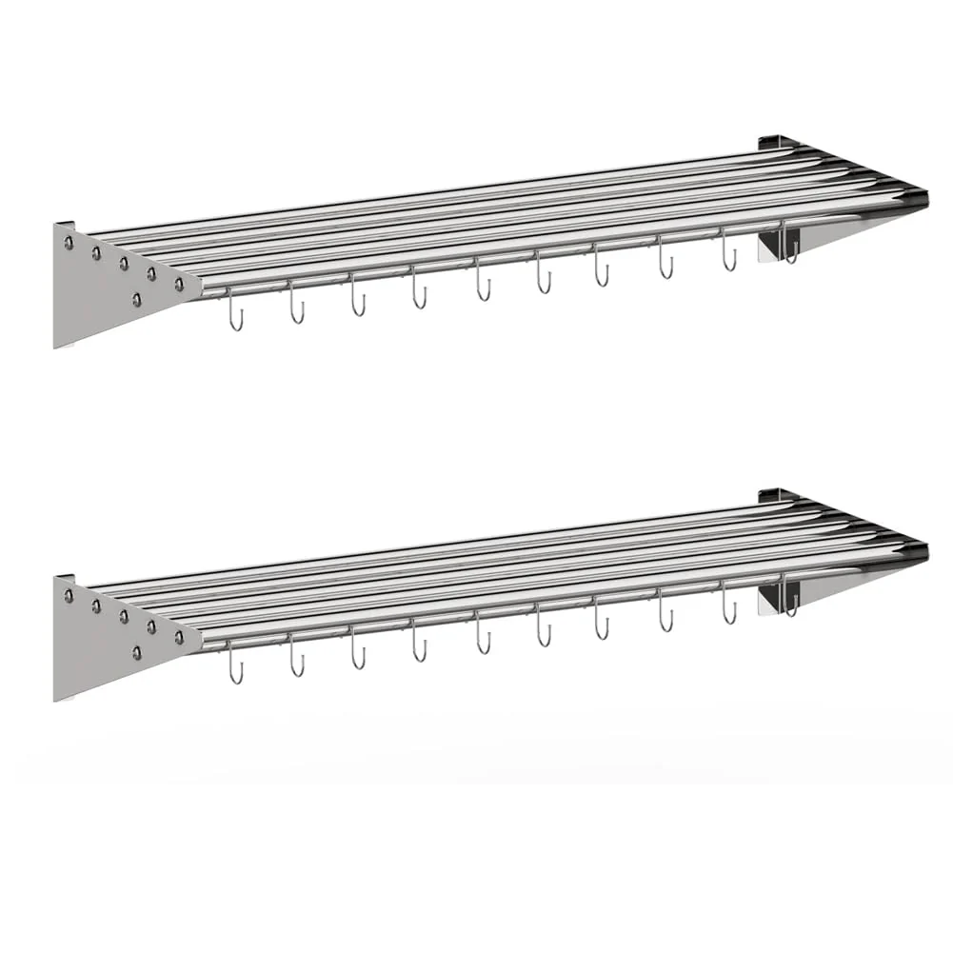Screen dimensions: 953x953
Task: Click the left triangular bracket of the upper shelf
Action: [105, 286]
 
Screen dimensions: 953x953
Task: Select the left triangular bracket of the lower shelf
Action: [105, 638]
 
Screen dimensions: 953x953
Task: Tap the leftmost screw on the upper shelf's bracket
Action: [69, 244]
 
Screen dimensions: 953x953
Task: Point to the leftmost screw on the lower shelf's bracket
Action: [69, 596]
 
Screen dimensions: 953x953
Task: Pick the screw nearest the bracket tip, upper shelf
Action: [179, 284]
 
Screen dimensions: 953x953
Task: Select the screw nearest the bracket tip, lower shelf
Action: [179, 636]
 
